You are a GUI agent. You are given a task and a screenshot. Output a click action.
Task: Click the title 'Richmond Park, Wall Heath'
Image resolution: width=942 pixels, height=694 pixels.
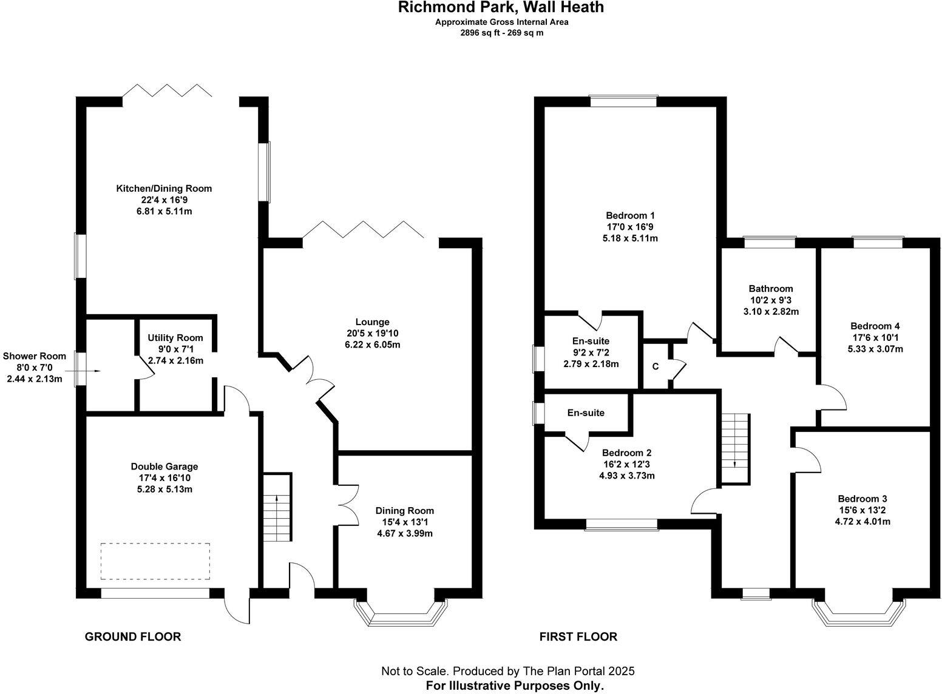pos(501,8)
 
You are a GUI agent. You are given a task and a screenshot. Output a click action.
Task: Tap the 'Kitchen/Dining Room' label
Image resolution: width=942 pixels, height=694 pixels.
pos(164,189)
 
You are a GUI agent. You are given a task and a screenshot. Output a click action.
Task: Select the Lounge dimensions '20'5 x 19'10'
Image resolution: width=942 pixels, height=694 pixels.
pos(373,334)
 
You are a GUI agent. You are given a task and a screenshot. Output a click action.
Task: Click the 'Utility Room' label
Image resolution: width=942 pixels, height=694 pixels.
pos(175,338)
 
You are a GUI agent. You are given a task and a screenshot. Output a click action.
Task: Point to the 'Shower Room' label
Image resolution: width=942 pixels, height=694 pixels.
pos(34,357)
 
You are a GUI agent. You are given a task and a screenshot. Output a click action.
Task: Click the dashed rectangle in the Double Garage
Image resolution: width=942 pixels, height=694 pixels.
pos(155,561)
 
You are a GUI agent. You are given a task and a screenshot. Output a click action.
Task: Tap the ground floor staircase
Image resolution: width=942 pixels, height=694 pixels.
pos(277,508)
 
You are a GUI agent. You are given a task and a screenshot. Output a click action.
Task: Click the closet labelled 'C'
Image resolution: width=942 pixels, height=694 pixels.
pos(655,366)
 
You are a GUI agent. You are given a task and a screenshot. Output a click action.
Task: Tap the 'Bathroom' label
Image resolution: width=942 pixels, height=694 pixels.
pos(770,289)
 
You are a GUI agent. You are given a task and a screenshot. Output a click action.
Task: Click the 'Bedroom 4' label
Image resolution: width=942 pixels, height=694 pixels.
pos(875,326)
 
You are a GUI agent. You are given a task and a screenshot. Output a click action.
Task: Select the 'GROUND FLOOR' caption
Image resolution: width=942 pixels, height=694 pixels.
pos(132,637)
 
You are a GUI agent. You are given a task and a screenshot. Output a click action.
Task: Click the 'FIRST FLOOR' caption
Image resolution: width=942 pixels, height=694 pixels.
pos(578,637)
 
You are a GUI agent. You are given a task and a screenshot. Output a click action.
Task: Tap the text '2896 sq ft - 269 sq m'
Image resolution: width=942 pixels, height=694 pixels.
pos(501,33)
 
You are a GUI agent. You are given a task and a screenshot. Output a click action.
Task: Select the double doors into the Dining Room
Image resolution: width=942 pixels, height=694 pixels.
pos(347,505)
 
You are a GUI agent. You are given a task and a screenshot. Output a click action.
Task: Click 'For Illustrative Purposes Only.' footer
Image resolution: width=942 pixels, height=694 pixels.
pos(515,686)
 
